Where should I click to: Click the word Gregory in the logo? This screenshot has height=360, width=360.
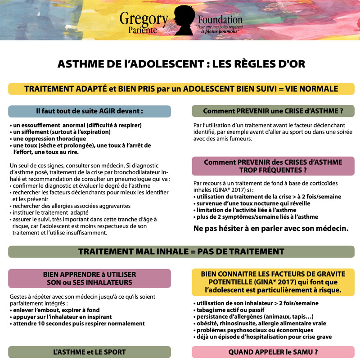[144, 19]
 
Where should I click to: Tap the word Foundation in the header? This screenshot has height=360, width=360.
[220, 20]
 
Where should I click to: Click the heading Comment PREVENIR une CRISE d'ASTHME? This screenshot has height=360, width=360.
[273, 111]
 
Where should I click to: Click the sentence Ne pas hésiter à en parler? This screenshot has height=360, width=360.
[270, 228]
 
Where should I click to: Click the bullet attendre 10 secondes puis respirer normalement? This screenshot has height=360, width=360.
[79, 323]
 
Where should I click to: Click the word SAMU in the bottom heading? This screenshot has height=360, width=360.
[304, 351]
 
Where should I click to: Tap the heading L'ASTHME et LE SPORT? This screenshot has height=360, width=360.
[90, 351]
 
